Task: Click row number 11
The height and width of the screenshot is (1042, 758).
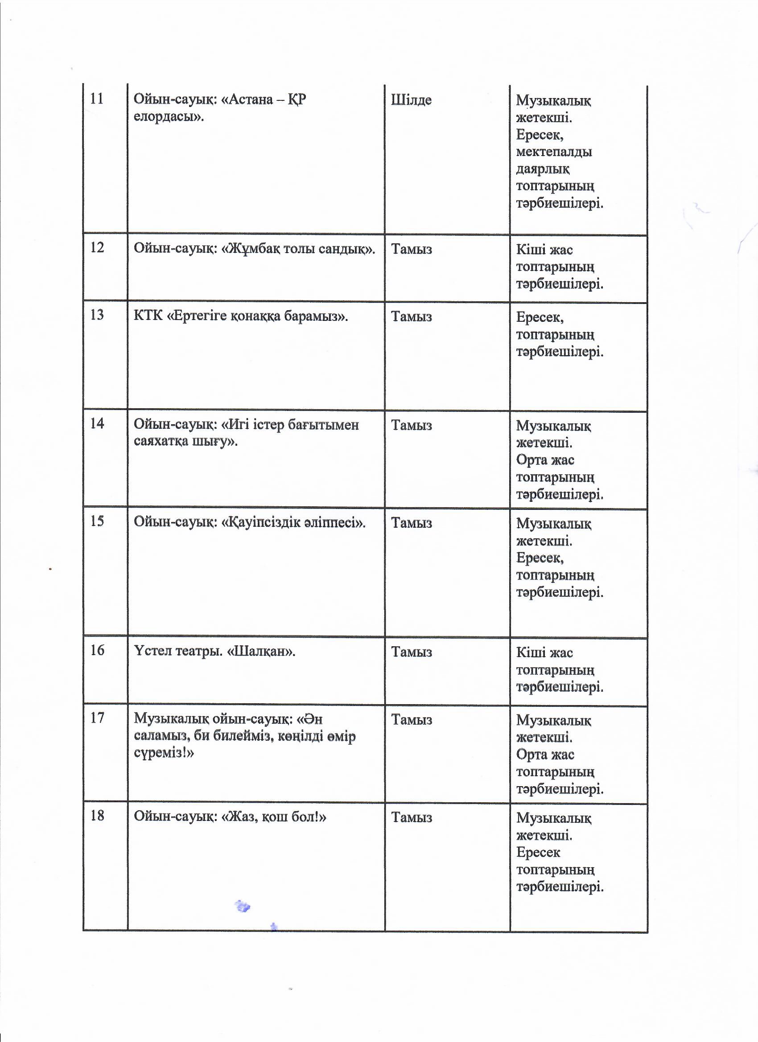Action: (96, 99)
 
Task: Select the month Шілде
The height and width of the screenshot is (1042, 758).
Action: (411, 100)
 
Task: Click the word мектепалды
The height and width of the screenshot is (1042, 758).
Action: (554, 152)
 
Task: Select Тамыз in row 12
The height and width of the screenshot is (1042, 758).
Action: (412, 249)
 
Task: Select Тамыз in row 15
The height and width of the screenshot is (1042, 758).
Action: (412, 523)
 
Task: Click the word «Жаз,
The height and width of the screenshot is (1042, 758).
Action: (239, 816)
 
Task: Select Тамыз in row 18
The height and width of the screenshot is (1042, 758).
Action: (412, 817)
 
